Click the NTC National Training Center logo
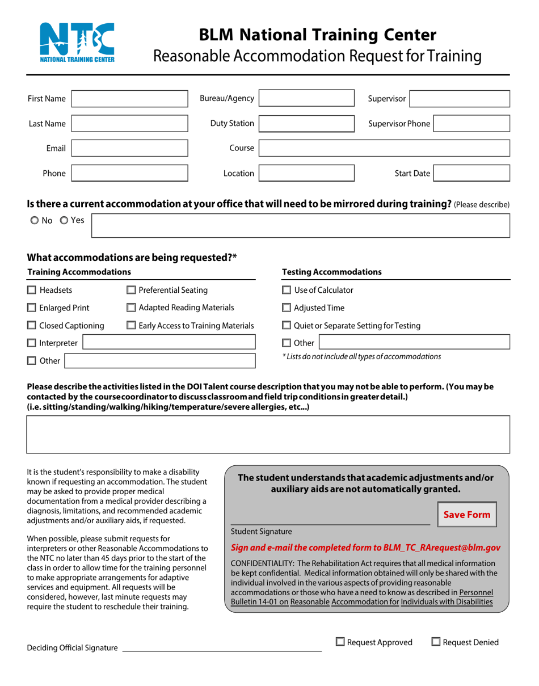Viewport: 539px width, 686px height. point(77,43)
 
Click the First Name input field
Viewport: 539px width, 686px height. point(129,99)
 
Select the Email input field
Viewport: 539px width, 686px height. point(129,148)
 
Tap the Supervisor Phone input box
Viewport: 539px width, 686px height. point(471,124)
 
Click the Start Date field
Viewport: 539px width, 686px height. point(471,173)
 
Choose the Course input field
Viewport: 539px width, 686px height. point(384,148)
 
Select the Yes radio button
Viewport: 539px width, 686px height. point(64,220)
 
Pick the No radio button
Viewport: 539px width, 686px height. point(35,220)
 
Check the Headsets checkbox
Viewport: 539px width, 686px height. point(32,290)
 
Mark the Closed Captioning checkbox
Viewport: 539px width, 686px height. point(32,326)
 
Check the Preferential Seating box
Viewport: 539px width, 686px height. point(131,290)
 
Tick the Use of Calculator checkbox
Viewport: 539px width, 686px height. point(287,290)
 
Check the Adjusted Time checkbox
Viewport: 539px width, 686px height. point(287,308)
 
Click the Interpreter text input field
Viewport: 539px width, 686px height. point(169,342)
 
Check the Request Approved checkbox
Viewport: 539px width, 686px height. point(340,642)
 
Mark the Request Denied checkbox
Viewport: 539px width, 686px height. point(436,642)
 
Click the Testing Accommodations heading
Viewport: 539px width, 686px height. point(332,272)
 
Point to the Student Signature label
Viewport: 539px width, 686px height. point(262,532)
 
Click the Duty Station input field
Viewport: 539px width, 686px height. point(306,124)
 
